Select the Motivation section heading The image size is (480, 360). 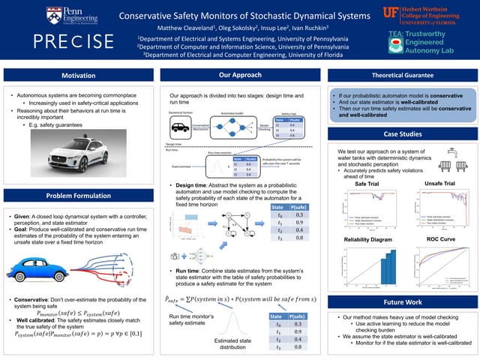click(x=78, y=76)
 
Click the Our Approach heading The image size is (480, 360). click(x=240, y=76)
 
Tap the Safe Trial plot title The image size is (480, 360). click(x=366, y=184)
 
